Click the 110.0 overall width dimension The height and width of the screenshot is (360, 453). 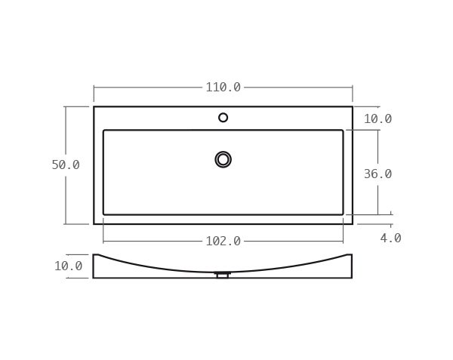[223, 88]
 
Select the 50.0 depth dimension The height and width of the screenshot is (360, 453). [66, 165]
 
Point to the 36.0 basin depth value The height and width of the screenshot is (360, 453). [377, 174]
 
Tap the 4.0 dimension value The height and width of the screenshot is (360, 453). [390, 238]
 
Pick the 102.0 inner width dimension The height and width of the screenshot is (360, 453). [223, 242]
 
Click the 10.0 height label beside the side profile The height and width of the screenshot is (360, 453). [68, 266]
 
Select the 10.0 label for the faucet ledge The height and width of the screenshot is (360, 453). [377, 118]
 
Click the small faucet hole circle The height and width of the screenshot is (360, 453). [223, 118]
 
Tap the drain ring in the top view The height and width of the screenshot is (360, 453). [223, 159]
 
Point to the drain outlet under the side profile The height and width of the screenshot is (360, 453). [222, 275]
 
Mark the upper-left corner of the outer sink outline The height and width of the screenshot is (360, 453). [94, 107]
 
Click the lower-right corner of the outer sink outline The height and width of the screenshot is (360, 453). [352, 223]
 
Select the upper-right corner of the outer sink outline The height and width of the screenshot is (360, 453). [352, 107]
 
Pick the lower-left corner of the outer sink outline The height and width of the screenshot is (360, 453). [94, 223]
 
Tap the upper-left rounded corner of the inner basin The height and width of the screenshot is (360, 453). [105, 131]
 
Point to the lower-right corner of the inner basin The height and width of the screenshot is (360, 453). [342, 214]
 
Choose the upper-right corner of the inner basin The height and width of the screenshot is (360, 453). [342, 131]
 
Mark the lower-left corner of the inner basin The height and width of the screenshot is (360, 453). [105, 214]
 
